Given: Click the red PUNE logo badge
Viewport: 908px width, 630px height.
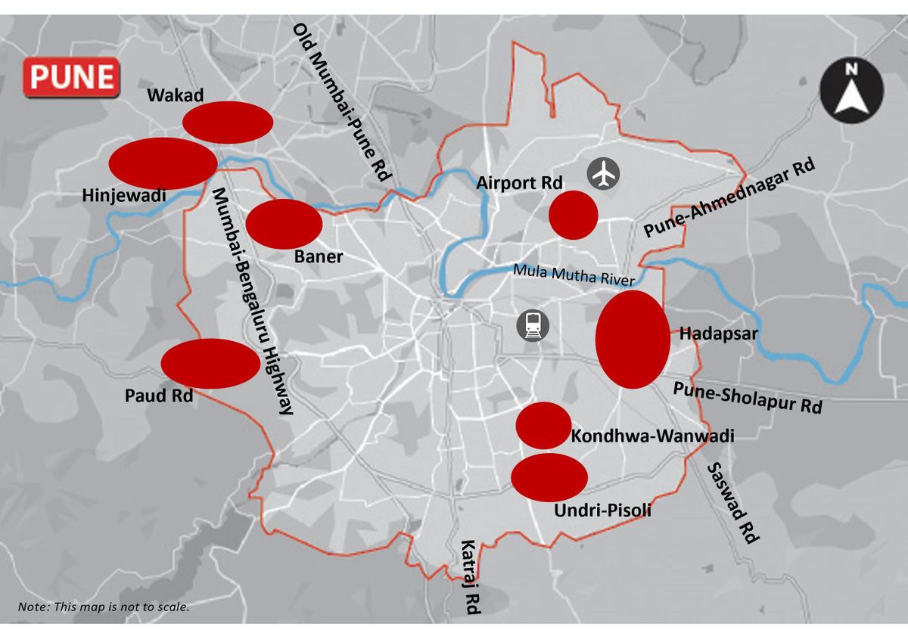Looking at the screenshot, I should (72, 77).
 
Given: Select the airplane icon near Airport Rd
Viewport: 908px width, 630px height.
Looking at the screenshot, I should (604, 174).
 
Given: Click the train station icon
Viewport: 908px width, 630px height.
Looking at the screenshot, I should (533, 326).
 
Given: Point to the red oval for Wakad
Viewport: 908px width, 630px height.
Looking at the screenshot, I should (228, 123).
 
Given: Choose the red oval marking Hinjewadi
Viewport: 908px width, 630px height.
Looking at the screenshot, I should (163, 163).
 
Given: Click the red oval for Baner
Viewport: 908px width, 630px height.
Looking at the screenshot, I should (285, 224).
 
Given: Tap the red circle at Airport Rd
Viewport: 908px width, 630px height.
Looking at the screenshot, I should (574, 215).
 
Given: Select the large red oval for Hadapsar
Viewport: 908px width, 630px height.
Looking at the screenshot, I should (633, 340).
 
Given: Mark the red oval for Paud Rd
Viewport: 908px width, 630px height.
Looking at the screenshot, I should (210, 364).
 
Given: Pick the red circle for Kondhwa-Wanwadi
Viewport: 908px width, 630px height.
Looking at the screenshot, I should (543, 426).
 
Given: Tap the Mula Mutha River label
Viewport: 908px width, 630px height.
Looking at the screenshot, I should (573, 275).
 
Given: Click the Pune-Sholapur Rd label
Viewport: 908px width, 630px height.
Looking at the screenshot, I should (747, 396).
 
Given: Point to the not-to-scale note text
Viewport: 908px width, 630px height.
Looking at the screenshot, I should (104, 607).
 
